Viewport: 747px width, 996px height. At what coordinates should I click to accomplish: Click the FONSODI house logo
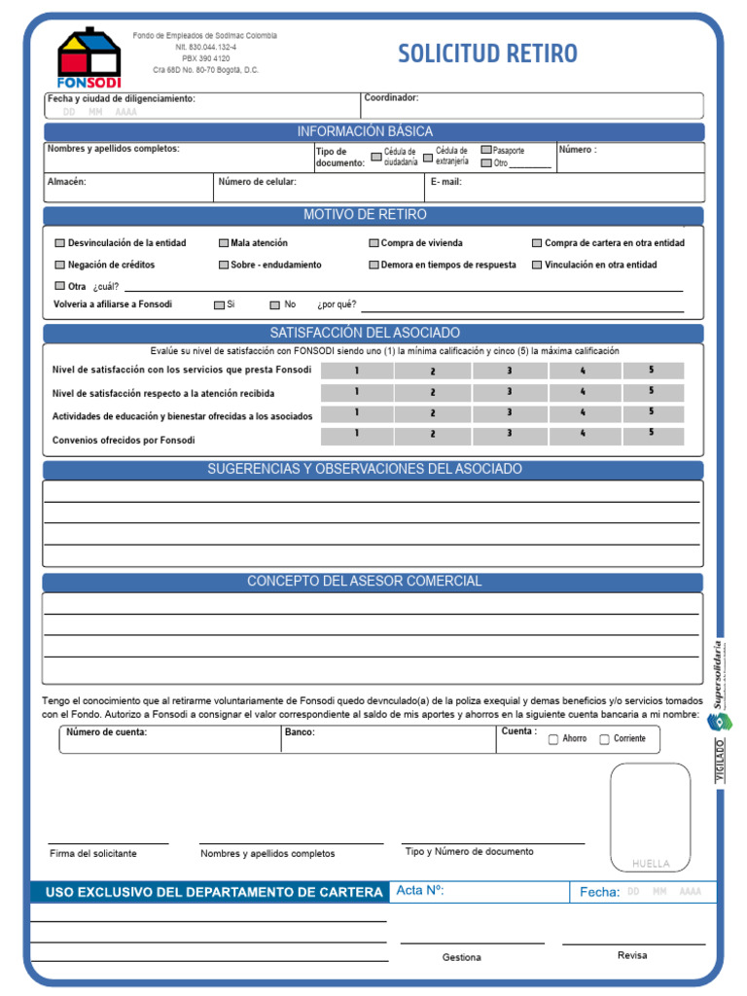tap(89, 56)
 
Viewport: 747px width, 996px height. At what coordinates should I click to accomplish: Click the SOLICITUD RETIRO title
tap(487, 53)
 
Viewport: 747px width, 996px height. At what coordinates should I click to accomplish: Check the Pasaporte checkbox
tap(486, 151)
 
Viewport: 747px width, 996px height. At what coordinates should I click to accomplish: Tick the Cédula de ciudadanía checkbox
tap(376, 156)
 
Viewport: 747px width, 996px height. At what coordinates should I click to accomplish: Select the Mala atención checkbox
tap(224, 243)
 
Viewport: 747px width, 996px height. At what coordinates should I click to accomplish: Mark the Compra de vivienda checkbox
tap(374, 243)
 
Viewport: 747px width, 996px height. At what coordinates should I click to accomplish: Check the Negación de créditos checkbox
tap(60, 265)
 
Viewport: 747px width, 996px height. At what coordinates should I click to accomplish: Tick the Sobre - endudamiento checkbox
tap(224, 265)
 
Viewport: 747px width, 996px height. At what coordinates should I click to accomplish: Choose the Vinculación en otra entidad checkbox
tap(537, 265)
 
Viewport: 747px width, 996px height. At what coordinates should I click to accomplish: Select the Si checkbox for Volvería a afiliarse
tap(220, 305)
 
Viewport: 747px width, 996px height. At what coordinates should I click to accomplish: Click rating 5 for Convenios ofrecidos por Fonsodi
tap(652, 434)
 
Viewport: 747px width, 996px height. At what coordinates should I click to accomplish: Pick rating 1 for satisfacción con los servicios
tap(357, 371)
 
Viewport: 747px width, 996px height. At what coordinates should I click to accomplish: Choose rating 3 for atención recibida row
tap(509, 392)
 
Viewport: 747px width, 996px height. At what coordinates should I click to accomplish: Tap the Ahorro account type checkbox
tap(553, 739)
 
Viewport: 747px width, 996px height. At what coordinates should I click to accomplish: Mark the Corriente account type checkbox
tap(605, 739)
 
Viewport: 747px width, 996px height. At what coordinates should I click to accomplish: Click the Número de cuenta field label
tap(107, 732)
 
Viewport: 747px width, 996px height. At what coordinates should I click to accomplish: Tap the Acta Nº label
tap(420, 890)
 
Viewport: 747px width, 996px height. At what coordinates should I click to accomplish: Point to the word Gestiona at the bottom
tap(461, 957)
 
